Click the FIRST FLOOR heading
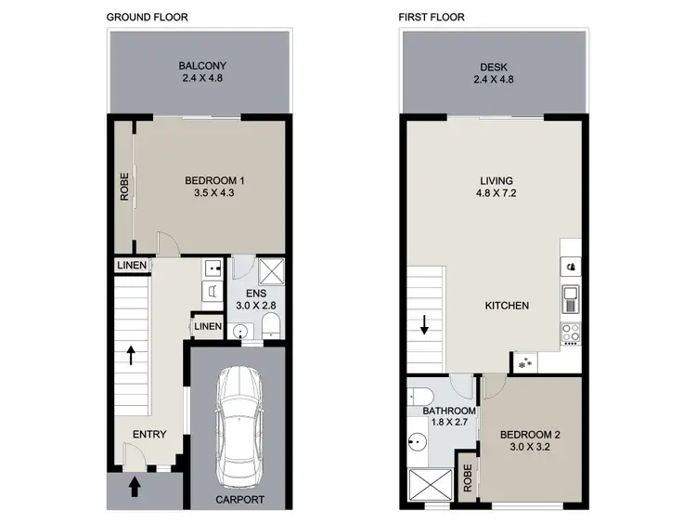(431, 17)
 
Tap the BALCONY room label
(202, 66)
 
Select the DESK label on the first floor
(495, 66)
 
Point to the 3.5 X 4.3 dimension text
(214, 193)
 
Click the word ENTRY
(149, 434)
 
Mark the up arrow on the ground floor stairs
(133, 355)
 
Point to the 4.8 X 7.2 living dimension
(496, 194)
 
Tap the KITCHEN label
(507, 305)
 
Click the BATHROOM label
(449, 411)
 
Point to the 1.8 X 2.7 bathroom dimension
(449, 423)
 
